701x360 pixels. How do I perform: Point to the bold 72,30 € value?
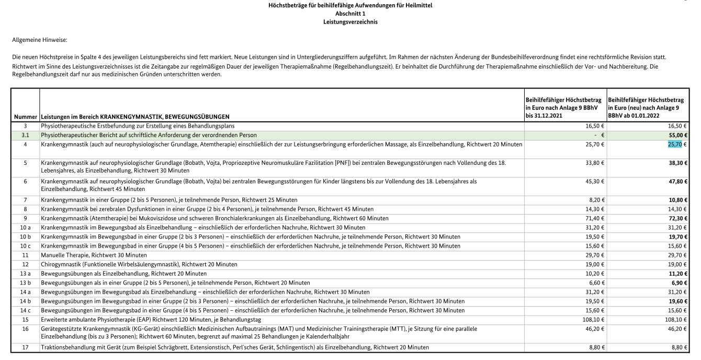(x=676, y=218)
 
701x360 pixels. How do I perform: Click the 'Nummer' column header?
(x=26, y=116)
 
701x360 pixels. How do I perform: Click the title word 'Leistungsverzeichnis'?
(x=350, y=22)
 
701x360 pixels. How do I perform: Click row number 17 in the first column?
(x=25, y=347)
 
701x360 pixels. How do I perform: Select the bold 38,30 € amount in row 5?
(x=676, y=163)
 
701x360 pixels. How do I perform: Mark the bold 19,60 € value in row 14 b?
(x=676, y=301)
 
